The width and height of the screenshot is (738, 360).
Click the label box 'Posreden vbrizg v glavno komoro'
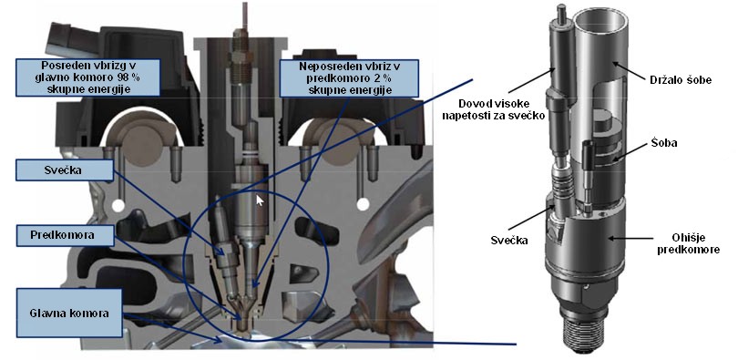point(88,77)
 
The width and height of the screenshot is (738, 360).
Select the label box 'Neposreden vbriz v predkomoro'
point(349,78)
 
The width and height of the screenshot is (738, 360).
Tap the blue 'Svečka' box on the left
point(65,170)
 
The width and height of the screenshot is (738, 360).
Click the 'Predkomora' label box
point(65,235)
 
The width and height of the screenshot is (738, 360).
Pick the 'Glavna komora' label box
point(68,313)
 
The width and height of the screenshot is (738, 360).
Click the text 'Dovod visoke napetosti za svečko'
point(494,108)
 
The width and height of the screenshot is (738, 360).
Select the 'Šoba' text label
point(663,142)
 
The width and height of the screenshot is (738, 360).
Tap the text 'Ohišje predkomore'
point(694,243)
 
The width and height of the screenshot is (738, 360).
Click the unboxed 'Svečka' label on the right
point(508,241)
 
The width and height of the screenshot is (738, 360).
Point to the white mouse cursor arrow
point(260,200)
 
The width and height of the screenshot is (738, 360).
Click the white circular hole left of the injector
point(118,205)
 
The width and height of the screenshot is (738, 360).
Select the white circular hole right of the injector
point(363,204)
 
